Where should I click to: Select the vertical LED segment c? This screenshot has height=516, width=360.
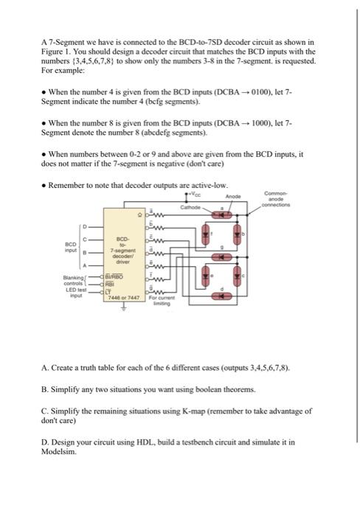(238, 280)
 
